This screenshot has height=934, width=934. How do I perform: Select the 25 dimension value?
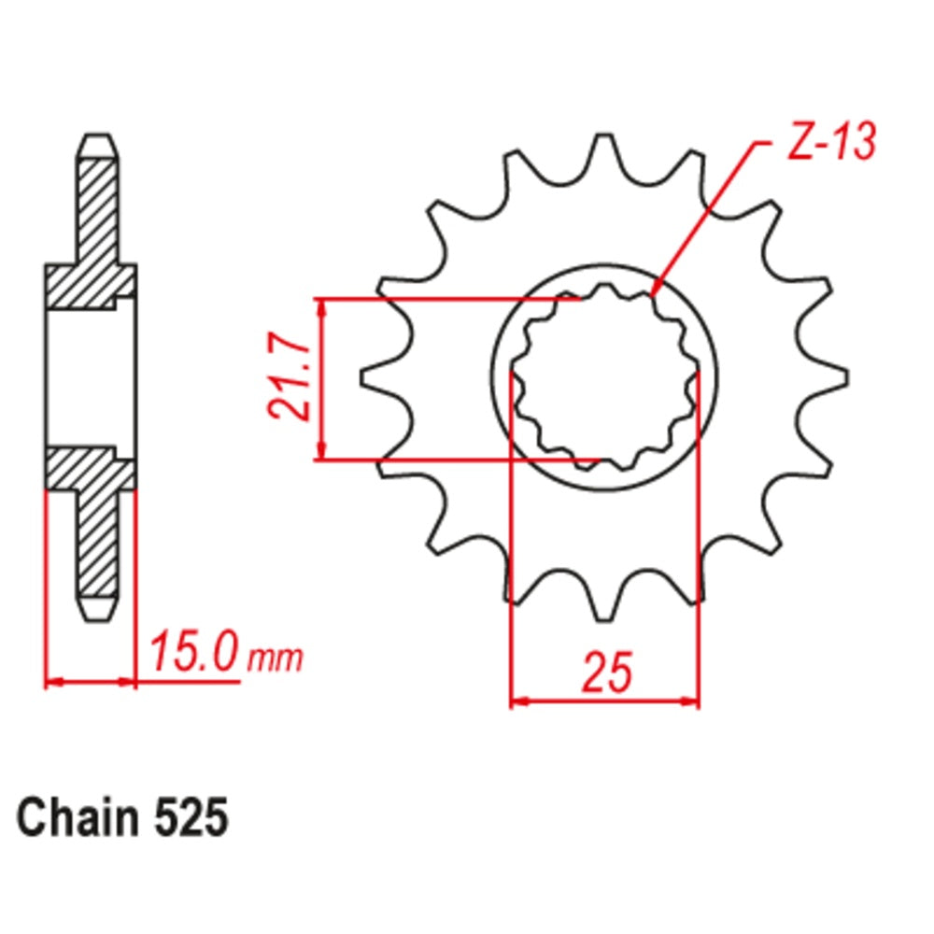[605, 674]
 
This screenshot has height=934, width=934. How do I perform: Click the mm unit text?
[276, 659]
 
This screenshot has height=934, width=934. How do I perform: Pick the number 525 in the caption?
[188, 819]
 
